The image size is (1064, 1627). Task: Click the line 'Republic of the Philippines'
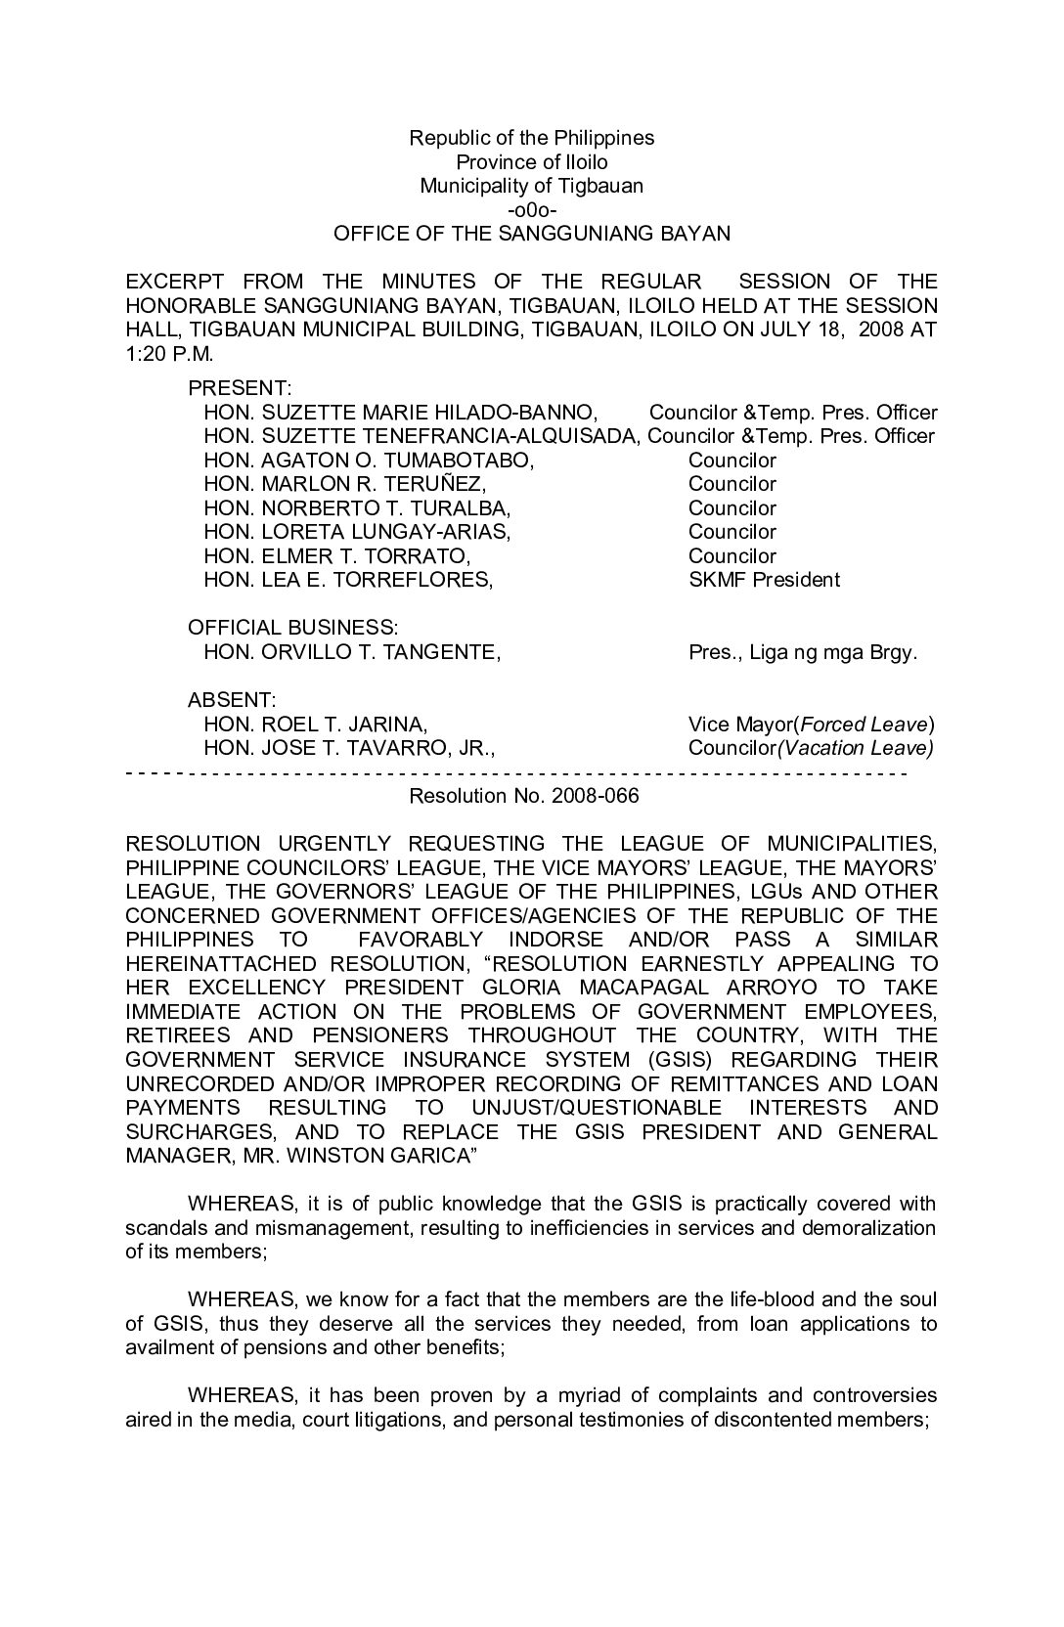531,138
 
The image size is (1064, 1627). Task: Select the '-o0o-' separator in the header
531,209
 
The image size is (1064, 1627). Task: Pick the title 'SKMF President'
764,580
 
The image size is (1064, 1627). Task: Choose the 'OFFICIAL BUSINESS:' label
292,628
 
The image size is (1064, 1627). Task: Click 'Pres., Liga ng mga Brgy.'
803,652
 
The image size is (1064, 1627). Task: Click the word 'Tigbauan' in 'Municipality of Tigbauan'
601,186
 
